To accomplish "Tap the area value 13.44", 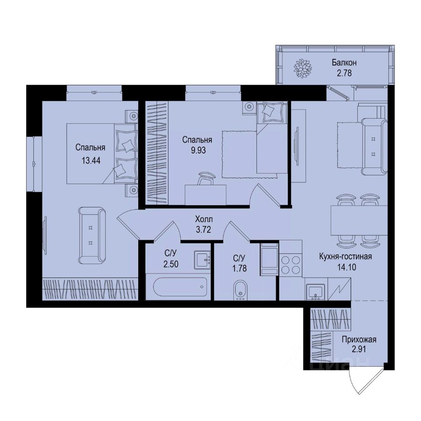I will tap(91, 161).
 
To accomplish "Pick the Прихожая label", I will tap(360, 339).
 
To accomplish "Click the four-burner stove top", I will tap(290, 264).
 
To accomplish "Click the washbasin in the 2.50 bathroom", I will tap(203, 260).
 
